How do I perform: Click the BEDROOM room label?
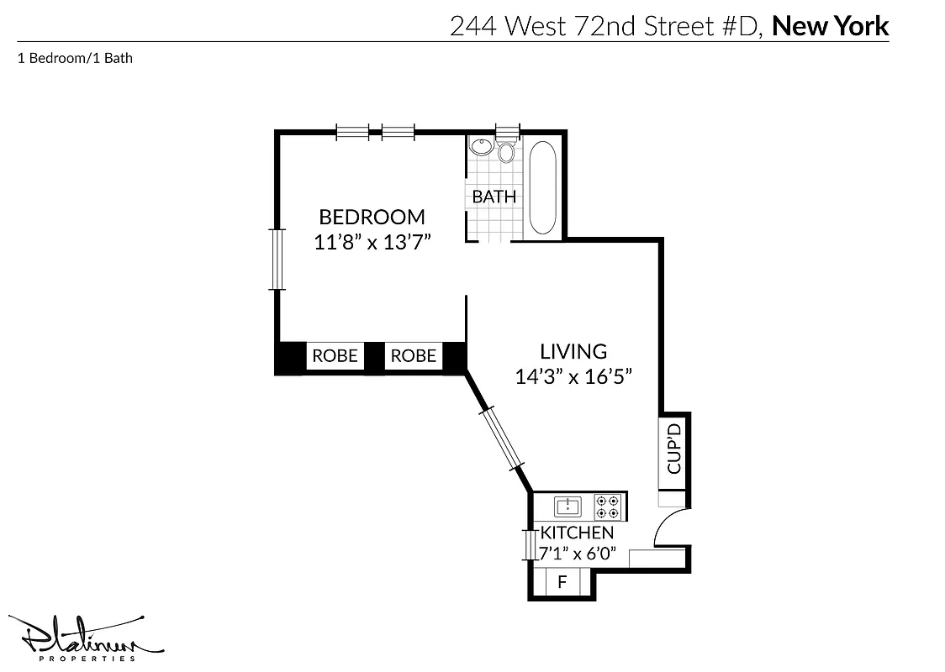coord(372,217)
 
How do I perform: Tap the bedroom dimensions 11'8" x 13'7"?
coord(372,243)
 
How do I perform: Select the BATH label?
coord(494,197)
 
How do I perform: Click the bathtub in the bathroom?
coord(542,187)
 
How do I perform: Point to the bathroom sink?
coord(482,146)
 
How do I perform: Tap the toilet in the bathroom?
coord(506,151)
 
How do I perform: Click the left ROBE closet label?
coord(335,356)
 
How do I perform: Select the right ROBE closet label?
coord(413,356)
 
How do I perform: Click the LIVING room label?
coord(573,351)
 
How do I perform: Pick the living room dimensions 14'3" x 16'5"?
coord(573,377)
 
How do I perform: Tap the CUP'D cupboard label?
coord(673,449)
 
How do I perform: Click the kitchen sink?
coord(568,506)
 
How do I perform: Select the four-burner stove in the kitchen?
coord(608,506)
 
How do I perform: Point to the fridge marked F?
coord(562,582)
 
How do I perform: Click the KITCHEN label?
coord(577,533)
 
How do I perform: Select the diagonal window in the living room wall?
coord(503,437)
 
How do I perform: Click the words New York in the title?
coord(830,26)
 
